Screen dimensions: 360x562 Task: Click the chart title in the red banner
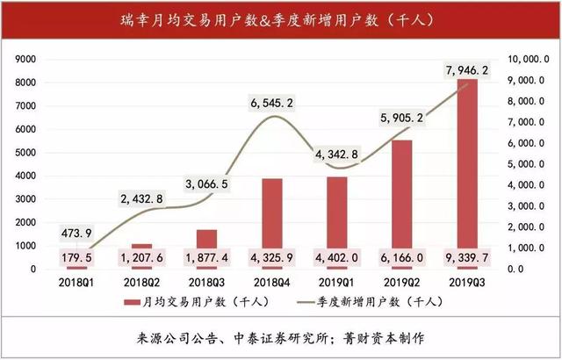click(x=280, y=18)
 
